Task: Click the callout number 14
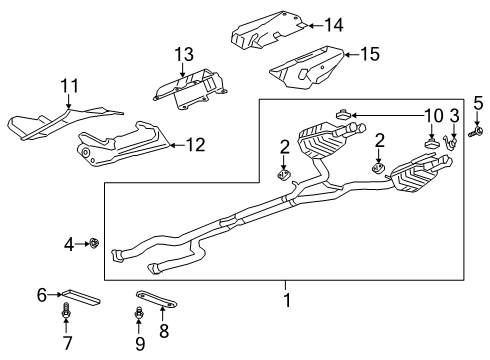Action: point(334,24)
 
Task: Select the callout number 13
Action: point(182,53)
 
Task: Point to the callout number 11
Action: point(68,86)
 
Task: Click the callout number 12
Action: point(196,146)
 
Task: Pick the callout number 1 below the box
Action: point(287,299)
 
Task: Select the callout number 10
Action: point(433,116)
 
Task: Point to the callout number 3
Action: point(454,116)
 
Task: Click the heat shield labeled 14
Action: point(268,32)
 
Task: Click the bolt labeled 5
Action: point(477,130)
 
